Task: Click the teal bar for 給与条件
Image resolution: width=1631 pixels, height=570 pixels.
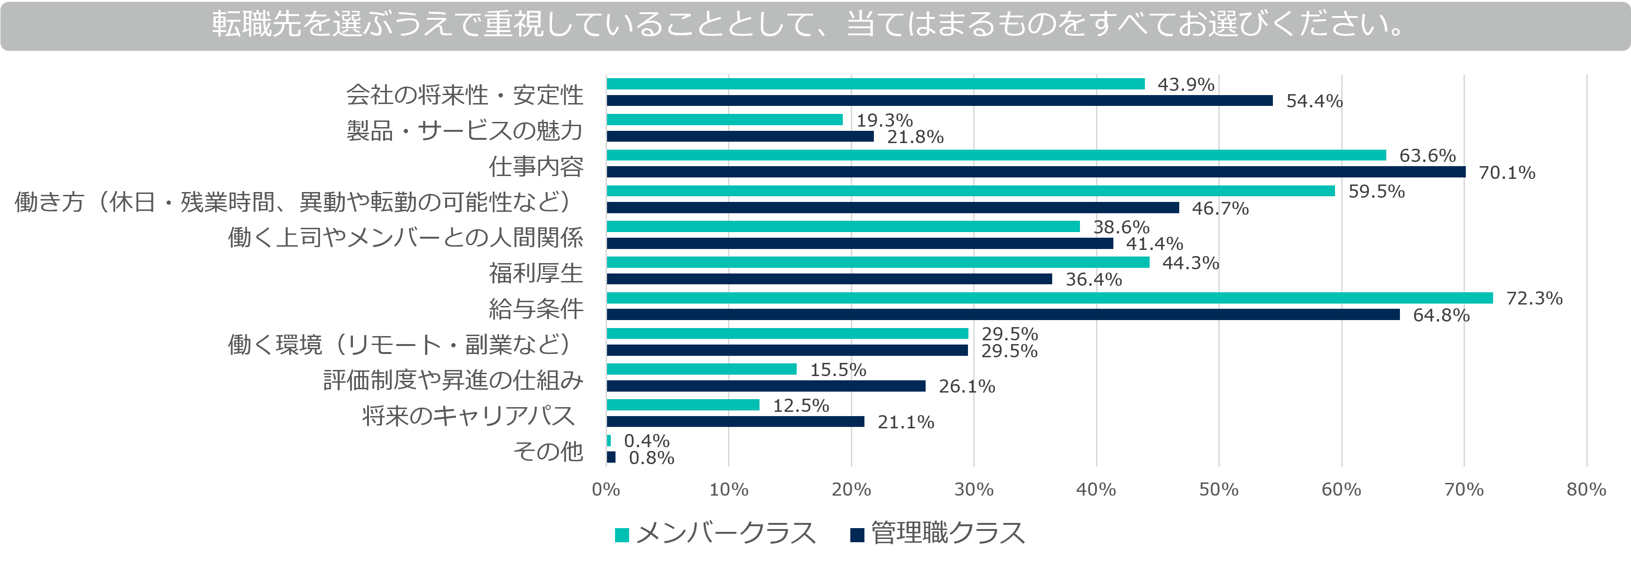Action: pyautogui.click(x=1049, y=297)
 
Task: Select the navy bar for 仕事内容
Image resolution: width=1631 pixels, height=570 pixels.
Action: pyautogui.click(x=1035, y=172)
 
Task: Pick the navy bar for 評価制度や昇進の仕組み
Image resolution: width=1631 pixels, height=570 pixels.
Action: pyautogui.click(x=766, y=385)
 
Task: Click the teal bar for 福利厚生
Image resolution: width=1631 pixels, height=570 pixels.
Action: pyautogui.click(x=878, y=262)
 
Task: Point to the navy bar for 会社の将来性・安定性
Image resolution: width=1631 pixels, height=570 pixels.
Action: pyautogui.click(x=939, y=101)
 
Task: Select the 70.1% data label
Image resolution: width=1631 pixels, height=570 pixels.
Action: pyautogui.click(x=1506, y=172)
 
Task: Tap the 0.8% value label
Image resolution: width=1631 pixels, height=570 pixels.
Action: pyautogui.click(x=651, y=457)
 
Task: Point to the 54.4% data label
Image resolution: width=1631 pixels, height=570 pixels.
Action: pyautogui.click(x=1314, y=101)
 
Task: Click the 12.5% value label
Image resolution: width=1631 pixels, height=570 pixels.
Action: pyautogui.click(x=800, y=405)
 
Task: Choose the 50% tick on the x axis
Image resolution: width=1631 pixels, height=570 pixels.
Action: pyautogui.click(x=1218, y=490)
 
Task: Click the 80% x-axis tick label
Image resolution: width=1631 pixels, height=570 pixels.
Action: pyautogui.click(x=1585, y=490)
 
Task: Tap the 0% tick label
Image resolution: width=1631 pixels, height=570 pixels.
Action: pyautogui.click(x=606, y=490)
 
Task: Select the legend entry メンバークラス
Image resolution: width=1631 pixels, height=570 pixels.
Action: pyautogui.click(x=715, y=534)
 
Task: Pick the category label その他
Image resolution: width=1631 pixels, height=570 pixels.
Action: pyautogui.click(x=548, y=451)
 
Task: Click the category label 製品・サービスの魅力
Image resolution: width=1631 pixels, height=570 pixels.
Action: pyautogui.click(x=464, y=130)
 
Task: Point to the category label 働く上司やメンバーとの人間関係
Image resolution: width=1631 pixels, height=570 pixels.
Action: pyautogui.click(x=405, y=238)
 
